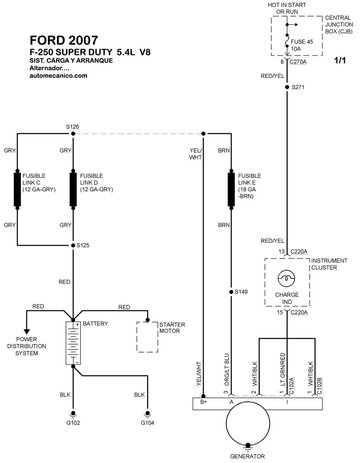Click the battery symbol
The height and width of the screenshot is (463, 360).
[x=72, y=343]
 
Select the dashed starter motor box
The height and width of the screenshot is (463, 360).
[x=147, y=337]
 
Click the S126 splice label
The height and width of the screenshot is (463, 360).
[x=72, y=127]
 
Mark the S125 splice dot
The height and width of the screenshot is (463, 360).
[x=72, y=245]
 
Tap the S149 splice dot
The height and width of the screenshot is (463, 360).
[x=231, y=292]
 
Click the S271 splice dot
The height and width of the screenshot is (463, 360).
[x=287, y=87]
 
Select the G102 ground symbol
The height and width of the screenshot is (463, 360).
[x=72, y=414]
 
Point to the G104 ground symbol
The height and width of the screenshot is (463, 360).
[x=147, y=414]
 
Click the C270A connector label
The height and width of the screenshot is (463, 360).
[x=297, y=62]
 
